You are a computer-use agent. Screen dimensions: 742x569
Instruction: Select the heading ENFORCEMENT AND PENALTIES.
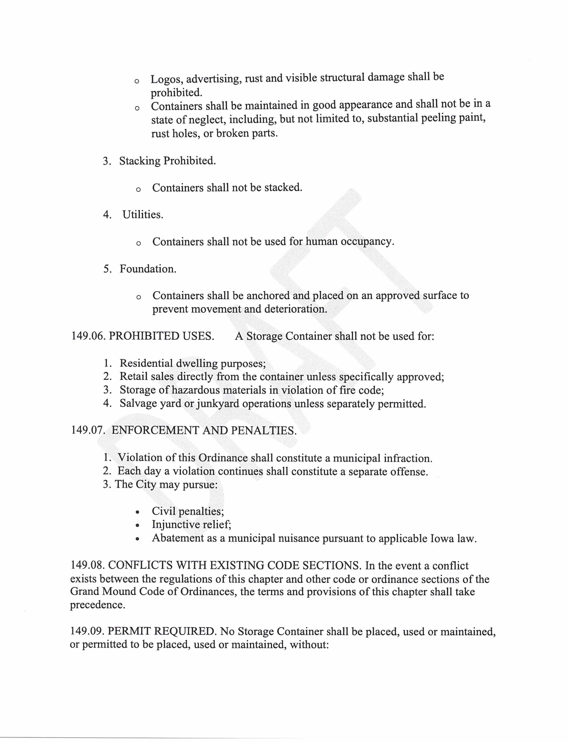[x=204, y=430]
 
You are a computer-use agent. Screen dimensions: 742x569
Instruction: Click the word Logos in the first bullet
[x=166, y=79]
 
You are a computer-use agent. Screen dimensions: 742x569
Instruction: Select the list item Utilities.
[x=143, y=214]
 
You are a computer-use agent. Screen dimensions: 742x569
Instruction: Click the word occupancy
[x=367, y=242]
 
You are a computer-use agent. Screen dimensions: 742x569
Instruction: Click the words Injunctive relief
[x=191, y=524]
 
